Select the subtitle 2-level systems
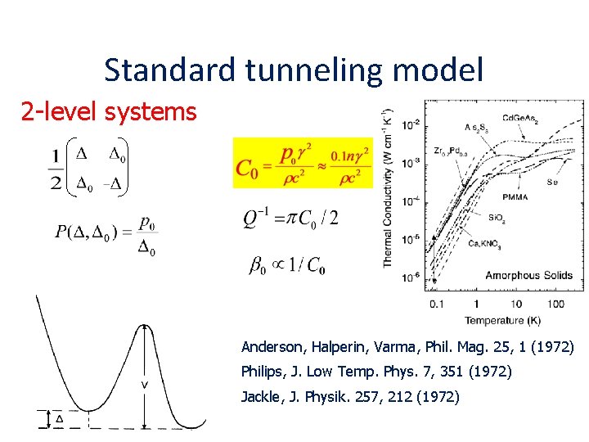coord(109,111)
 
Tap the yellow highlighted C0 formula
coord(303,162)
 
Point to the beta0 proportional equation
coord(286,264)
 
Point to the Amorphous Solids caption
coord(524,275)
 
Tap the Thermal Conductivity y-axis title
coord(389,187)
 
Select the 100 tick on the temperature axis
coord(555,304)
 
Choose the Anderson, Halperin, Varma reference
coord(407,348)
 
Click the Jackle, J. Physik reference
coord(349,397)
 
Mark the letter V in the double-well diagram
coord(145,384)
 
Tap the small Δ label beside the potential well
coord(59,419)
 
